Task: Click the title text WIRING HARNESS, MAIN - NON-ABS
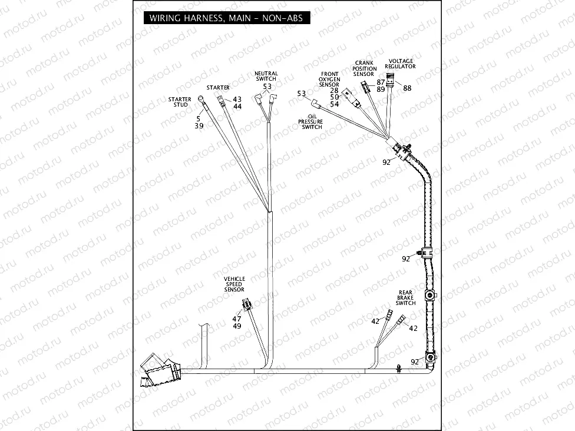tap(226, 18)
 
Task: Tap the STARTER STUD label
tap(179, 102)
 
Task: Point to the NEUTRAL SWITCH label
tap(266, 76)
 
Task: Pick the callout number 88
tap(407, 88)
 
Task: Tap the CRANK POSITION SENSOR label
tap(364, 68)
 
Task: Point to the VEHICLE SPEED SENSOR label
tap(234, 284)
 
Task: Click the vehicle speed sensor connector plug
tap(246, 305)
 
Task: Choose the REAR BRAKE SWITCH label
tap(405, 297)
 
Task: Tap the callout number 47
tap(236, 319)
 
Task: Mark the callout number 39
tap(199, 126)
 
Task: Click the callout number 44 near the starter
tap(237, 107)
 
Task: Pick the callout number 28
tap(334, 91)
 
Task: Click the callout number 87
tap(381, 82)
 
